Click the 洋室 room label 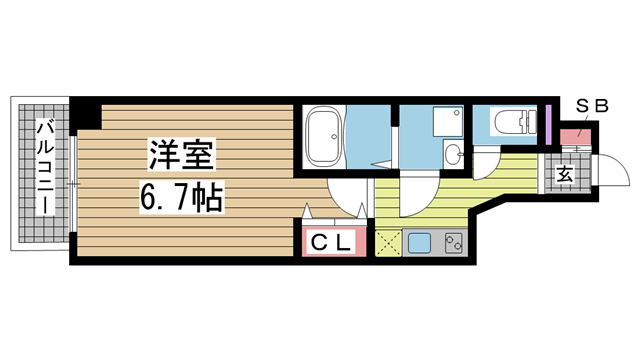tap(182, 155)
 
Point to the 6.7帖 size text tap(182, 198)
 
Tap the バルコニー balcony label tap(45, 167)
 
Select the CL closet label tap(331, 243)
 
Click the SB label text tap(592, 106)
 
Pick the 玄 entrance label tap(565, 175)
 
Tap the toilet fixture tap(515, 122)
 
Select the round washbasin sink tap(453, 154)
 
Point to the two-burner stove tap(453, 243)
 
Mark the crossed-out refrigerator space tap(388, 243)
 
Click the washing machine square tap(448, 121)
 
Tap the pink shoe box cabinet tap(575, 137)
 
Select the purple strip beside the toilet tap(549, 124)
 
